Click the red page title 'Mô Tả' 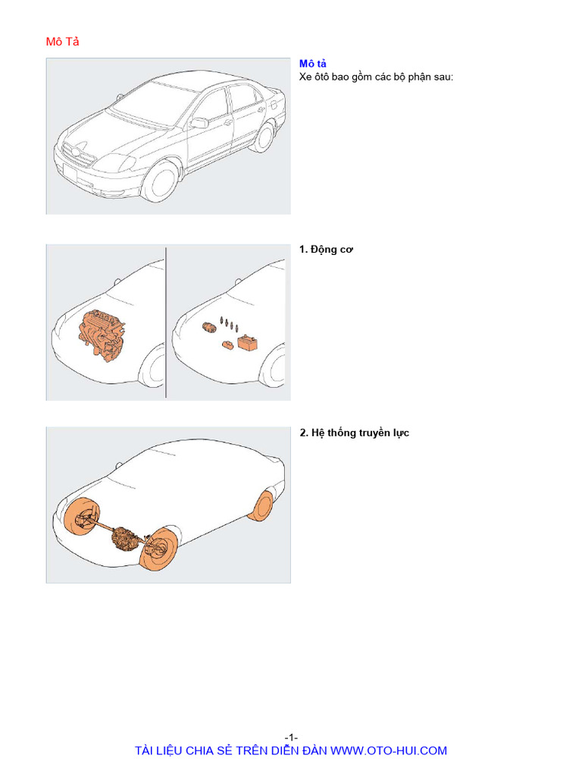tap(62, 42)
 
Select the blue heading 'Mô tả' tap(313, 64)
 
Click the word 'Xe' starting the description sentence tap(306, 77)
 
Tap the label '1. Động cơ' tap(327, 250)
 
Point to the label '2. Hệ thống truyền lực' tap(354, 433)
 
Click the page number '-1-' tap(291, 738)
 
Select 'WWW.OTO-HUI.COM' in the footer tap(389, 750)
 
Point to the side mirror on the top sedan tap(199, 123)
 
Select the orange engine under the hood tap(102, 335)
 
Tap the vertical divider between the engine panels tap(166, 322)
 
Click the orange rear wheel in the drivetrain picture tap(264, 506)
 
